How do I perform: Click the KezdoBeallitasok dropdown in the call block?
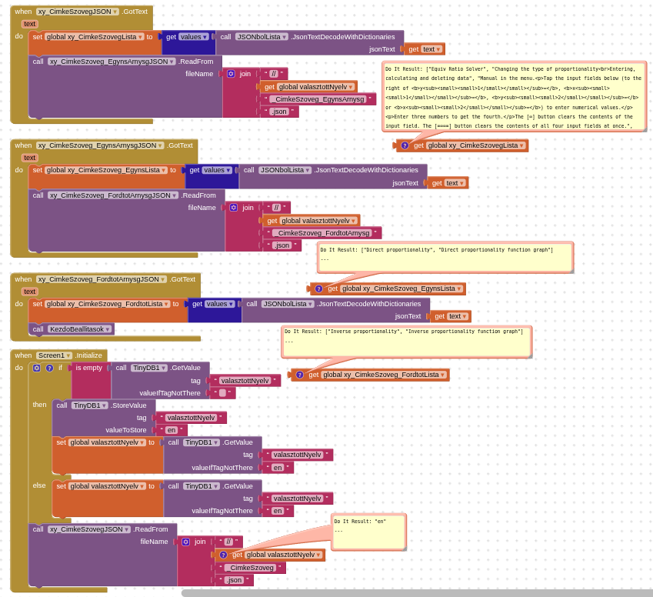point(80,329)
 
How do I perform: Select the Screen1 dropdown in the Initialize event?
point(54,355)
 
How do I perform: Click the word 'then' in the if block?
point(39,405)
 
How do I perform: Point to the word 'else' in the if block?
point(39,485)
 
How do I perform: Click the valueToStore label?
point(125,430)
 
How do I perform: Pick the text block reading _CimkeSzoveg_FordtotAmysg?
point(322,233)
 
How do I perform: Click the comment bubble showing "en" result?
point(368,532)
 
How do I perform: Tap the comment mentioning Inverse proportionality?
point(406,341)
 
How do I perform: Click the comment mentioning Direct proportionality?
point(445,257)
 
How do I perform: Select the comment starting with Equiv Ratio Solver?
point(514,96)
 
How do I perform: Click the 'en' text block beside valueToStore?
point(172,430)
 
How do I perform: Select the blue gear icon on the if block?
point(37,368)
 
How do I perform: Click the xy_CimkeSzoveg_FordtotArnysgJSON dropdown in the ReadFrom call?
point(112,195)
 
